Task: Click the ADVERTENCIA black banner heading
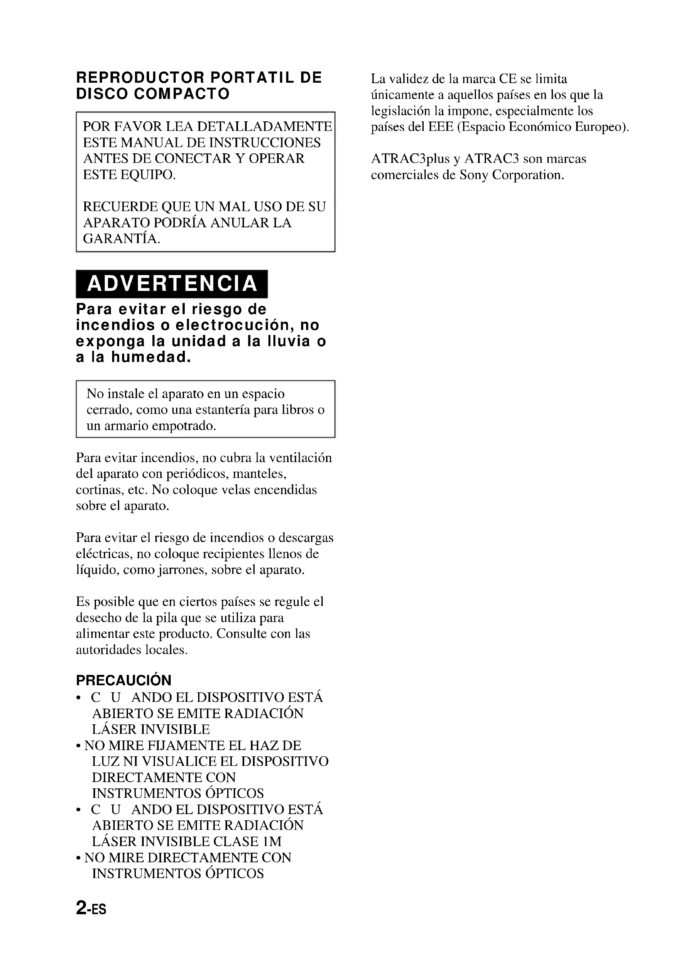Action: click(172, 284)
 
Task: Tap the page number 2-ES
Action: click(91, 908)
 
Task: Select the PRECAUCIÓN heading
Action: click(123, 680)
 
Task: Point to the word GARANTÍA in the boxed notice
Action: click(121, 239)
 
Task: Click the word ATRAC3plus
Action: click(410, 159)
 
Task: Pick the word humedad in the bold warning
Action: click(151, 358)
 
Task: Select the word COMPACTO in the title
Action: click(182, 94)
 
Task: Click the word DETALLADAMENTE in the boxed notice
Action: click(265, 127)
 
